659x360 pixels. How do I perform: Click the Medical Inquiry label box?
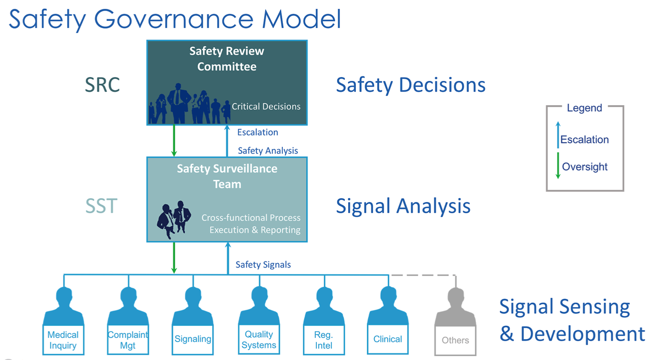point(63,340)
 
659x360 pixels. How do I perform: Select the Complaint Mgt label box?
point(128,340)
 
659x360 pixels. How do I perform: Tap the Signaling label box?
point(193,339)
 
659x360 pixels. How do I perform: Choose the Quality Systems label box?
point(259,340)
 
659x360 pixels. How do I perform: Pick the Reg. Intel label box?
point(323,340)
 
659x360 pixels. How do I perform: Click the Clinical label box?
point(388,339)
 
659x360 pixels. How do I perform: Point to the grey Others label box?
point(455,340)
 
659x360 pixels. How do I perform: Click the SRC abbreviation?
point(102,85)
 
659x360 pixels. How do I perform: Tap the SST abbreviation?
point(101,206)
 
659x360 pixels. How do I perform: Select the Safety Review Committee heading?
point(227,59)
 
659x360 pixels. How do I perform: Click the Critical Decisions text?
point(266,106)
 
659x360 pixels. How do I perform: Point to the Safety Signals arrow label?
point(263,265)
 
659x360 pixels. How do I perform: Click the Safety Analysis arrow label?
point(268,150)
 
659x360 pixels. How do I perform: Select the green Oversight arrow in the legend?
point(558,166)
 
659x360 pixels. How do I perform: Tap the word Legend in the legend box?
point(584,108)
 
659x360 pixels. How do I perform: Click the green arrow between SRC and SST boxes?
point(174,140)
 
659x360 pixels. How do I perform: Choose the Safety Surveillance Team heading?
point(227,176)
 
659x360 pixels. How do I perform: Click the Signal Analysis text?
point(403,206)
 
